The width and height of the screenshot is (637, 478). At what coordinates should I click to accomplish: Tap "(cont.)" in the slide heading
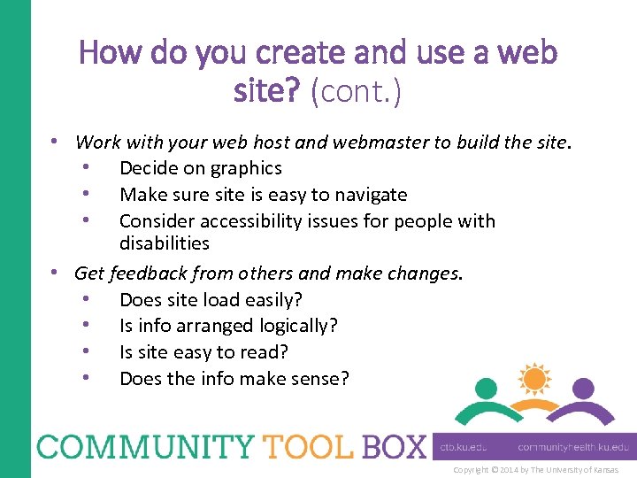click(356, 92)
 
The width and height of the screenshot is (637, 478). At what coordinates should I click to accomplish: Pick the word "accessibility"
click(249, 221)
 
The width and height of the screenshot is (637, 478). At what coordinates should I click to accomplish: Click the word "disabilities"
click(165, 243)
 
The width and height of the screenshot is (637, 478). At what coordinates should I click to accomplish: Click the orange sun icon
click(534, 379)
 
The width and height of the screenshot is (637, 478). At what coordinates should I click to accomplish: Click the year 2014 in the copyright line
click(510, 470)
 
